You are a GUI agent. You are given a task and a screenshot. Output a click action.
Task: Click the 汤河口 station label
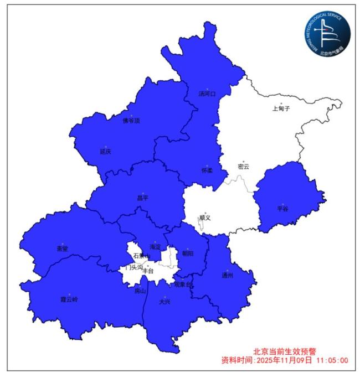(207, 94)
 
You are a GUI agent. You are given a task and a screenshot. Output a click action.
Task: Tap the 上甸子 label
(281, 109)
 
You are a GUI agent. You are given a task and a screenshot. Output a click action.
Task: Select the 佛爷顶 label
(131, 121)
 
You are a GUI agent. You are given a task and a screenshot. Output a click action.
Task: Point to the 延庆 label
(105, 151)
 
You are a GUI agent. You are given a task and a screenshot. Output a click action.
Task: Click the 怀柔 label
(207, 170)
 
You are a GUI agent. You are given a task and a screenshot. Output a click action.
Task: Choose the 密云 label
(243, 167)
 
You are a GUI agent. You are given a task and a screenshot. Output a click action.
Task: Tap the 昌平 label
(142, 198)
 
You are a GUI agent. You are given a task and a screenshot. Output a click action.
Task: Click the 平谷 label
(282, 209)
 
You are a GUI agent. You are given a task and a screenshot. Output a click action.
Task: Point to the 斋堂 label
(62, 248)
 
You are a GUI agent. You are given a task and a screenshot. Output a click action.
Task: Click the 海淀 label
(155, 247)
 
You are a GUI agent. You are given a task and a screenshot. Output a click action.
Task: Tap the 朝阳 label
(188, 254)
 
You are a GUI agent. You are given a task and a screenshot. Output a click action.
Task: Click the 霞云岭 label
(69, 299)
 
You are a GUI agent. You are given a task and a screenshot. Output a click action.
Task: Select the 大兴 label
(164, 302)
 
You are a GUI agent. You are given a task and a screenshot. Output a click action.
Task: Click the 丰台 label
(148, 271)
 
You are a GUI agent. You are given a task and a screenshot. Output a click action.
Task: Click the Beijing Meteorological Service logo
(327, 33)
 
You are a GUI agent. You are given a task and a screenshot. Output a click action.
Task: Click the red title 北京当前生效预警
(286, 351)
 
